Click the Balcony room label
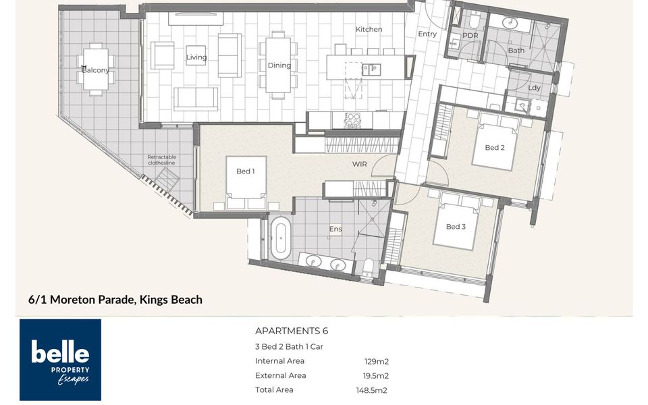point(95,70)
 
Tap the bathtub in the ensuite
point(281,238)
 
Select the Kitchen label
point(369,29)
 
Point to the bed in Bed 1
point(246,183)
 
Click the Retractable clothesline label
point(161,160)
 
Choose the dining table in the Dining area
point(278,65)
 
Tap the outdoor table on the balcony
point(95,69)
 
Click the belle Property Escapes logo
point(60,360)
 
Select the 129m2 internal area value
point(377,362)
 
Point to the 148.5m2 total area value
point(371,390)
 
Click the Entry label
point(427,34)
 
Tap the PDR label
point(470,36)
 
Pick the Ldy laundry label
point(534,88)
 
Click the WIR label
point(359,164)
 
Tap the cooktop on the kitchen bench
point(352,120)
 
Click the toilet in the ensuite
point(367,268)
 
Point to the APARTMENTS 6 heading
point(292,331)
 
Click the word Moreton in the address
point(72,299)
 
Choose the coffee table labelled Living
point(196,55)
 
